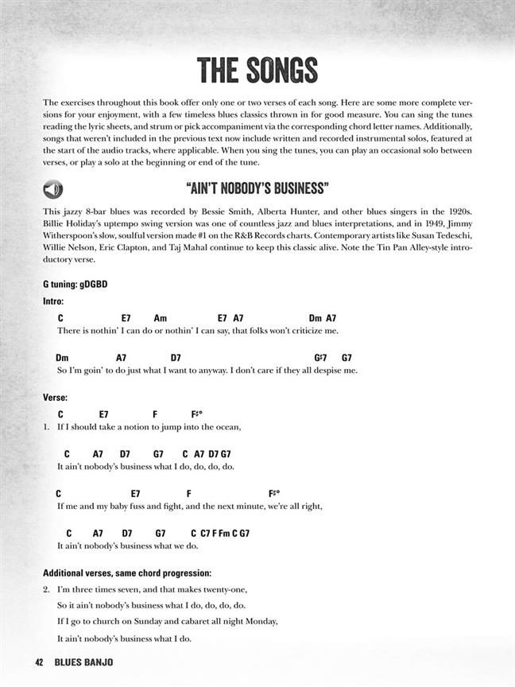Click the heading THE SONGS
coord(257,71)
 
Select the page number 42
coord(39,662)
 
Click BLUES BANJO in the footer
coord(84,662)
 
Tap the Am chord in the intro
coord(161,317)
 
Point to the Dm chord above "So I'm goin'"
coord(63,358)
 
